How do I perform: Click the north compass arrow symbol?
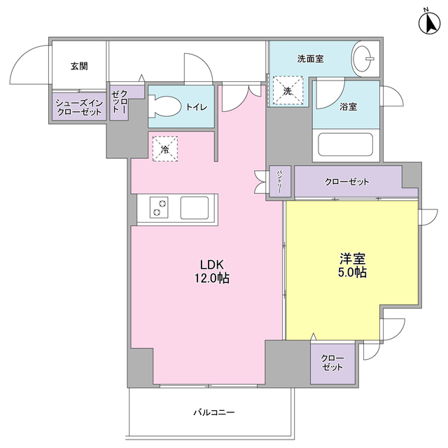click(429, 22)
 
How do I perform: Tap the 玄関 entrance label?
click(79, 66)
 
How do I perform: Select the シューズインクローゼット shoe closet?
click(79, 106)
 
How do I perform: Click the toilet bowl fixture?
click(165, 106)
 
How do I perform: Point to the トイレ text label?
click(197, 107)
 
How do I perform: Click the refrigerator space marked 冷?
click(165, 149)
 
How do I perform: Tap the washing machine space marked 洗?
click(288, 90)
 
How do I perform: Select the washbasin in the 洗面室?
click(363, 59)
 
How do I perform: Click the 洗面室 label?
click(310, 59)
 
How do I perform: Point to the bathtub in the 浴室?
click(346, 144)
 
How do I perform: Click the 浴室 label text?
click(348, 107)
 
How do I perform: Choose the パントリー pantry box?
click(280, 181)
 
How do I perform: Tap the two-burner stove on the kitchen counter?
click(159, 207)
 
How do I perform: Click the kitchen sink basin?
click(195, 208)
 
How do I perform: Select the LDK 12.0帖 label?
click(212, 271)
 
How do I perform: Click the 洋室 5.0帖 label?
click(353, 265)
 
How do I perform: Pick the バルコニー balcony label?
click(214, 412)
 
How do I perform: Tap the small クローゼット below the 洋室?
click(332, 363)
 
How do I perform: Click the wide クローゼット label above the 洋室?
click(347, 182)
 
